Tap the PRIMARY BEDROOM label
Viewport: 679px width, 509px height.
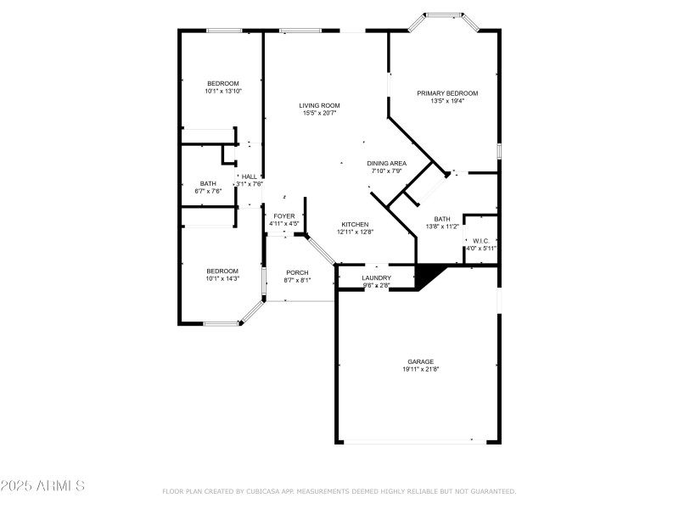click(x=447, y=93)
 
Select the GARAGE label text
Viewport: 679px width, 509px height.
click(x=419, y=361)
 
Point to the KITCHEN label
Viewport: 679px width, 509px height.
click(x=355, y=224)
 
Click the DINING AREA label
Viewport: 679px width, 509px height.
click(x=386, y=163)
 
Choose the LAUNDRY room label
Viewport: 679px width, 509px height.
click(x=376, y=277)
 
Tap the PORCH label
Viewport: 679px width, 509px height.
click(x=297, y=272)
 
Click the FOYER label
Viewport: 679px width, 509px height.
click(x=283, y=216)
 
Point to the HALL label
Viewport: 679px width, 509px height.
click(x=249, y=176)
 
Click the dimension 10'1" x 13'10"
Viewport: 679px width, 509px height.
click(x=223, y=91)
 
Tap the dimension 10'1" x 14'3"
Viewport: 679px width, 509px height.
click(x=222, y=278)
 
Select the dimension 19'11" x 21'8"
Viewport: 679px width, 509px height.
click(x=419, y=369)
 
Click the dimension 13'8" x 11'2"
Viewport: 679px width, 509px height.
click(x=442, y=227)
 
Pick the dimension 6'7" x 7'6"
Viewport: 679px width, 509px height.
click(x=208, y=191)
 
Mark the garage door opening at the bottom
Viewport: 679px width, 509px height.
click(x=418, y=441)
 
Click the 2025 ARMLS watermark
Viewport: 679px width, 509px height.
click(x=42, y=486)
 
